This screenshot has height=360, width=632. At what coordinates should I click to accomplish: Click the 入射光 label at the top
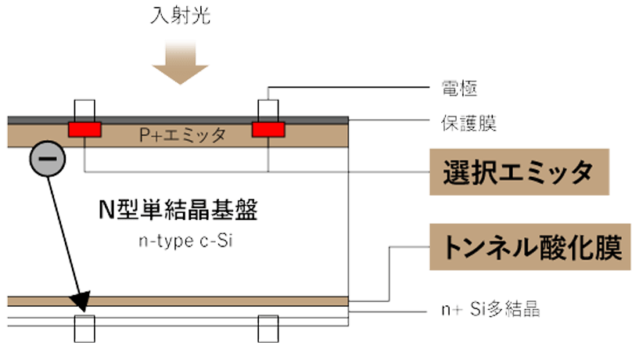pos(182,16)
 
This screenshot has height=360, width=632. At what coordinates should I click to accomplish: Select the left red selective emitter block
pos(84,129)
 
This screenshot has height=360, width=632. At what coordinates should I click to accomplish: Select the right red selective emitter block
pos(268,129)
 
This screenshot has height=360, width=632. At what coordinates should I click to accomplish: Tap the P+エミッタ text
pos(182,135)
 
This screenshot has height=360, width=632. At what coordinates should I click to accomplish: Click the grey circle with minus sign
pos(45,160)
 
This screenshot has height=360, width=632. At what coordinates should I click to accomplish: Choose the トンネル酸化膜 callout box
pos(529,248)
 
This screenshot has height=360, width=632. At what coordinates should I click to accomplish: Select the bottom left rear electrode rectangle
pos(84,327)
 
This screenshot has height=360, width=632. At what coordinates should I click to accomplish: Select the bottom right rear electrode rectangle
pos(268,327)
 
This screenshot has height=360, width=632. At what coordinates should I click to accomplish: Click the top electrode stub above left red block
pos(84,106)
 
